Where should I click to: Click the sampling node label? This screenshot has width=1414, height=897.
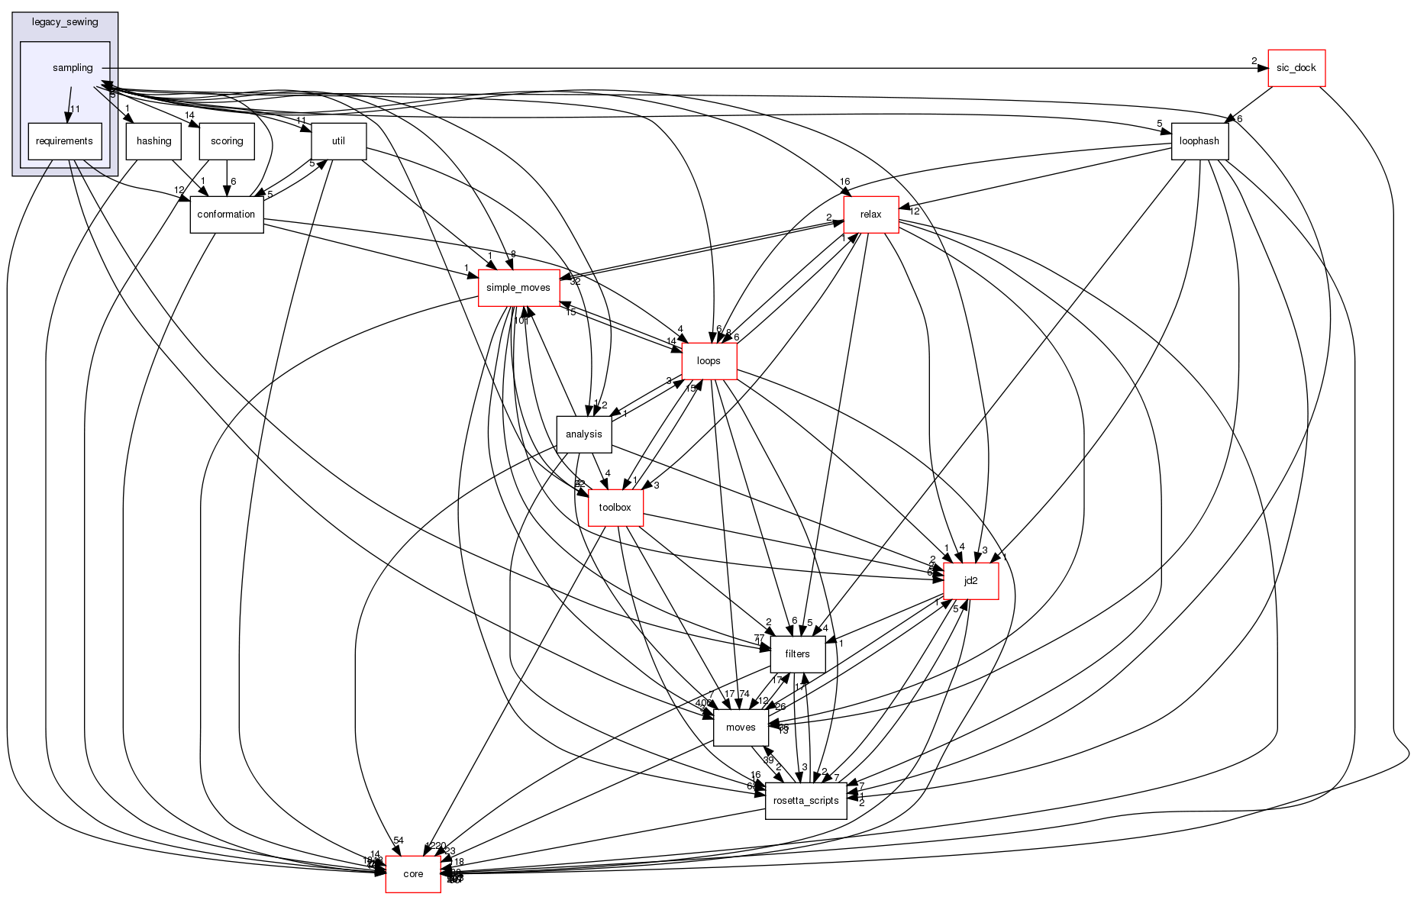pos(73,68)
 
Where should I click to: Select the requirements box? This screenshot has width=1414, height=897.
pos(65,141)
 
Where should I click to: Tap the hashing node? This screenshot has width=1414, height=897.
pos(153,141)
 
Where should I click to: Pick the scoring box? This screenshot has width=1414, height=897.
pos(227,141)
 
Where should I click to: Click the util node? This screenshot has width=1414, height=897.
pos(338,141)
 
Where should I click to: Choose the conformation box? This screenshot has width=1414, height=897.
pos(226,215)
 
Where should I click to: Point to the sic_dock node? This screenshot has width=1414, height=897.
pos(1296,68)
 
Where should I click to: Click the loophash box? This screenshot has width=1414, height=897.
pos(1199,141)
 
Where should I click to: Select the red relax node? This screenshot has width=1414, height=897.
pos(870,215)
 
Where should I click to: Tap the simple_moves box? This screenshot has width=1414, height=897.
pos(518,288)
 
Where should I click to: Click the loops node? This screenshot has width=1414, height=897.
pos(709,361)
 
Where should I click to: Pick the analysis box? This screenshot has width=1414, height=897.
pos(584,434)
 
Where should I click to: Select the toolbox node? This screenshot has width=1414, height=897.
pos(615,508)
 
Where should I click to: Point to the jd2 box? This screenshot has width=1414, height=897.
pos(970,581)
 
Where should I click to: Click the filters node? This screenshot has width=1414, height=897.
pos(797,654)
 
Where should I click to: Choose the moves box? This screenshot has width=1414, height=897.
pos(740,728)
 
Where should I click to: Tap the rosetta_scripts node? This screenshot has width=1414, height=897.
pos(805,801)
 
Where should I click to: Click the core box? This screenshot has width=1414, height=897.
pos(412,874)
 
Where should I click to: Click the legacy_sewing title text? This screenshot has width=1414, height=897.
pos(65,22)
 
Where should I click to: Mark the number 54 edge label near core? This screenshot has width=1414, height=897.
pos(398,841)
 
